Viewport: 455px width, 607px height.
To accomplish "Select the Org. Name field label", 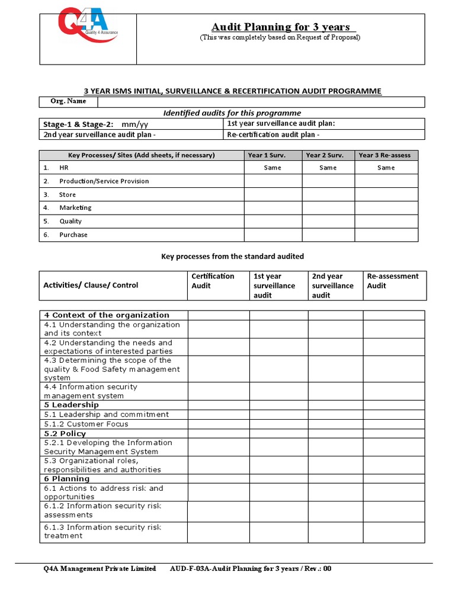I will tap(68, 101).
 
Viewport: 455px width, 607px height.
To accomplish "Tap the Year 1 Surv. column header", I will tap(273, 155).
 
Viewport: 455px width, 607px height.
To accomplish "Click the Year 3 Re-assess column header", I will tap(386, 155).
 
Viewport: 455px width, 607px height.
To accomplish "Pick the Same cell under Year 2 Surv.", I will tap(328, 168).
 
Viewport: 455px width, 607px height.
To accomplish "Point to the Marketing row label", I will tap(75, 208).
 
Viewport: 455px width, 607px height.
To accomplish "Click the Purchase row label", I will tap(73, 235).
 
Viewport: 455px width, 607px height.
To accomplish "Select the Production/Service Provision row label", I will tap(104, 181).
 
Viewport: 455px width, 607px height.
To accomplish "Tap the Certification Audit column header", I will tap(213, 281).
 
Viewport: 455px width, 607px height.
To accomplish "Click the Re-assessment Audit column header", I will tap(392, 281).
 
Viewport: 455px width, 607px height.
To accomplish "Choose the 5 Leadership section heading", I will tap(71, 405).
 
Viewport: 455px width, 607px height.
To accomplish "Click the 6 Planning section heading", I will tap(67, 478).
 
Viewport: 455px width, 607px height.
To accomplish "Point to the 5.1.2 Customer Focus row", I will tap(86, 424).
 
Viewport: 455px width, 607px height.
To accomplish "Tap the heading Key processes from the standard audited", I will tap(232, 257).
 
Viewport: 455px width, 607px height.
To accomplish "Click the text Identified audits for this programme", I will tap(232, 113).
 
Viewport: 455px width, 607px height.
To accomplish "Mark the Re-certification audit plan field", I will tap(273, 135).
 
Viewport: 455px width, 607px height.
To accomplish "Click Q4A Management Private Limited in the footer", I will tap(100, 568).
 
